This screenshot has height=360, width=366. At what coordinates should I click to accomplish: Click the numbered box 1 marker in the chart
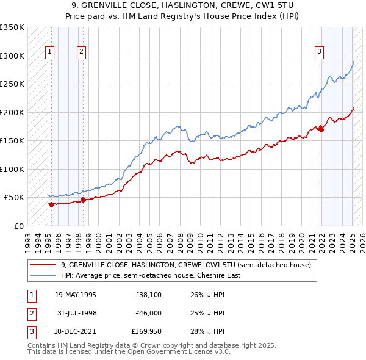point(49,52)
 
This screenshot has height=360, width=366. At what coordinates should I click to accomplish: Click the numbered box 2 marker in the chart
point(81,52)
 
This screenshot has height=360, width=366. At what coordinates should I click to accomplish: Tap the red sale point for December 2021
point(321,129)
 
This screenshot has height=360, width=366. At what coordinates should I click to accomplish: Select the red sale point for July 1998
point(83,200)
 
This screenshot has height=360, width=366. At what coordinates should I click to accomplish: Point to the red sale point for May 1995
point(51,204)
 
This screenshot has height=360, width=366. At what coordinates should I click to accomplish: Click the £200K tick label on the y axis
point(12,112)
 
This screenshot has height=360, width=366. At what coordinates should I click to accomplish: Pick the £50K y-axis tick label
point(14,198)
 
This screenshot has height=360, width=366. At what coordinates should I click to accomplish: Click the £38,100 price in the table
point(148,295)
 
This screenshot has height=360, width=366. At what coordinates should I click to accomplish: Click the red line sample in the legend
point(43,265)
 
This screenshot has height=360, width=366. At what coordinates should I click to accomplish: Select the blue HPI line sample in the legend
point(43,275)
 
